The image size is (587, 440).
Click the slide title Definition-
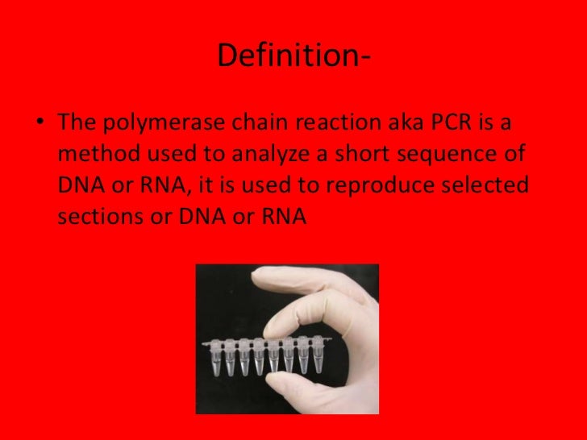coord(293,56)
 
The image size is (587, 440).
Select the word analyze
coord(268,156)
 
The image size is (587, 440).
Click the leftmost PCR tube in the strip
coord(214,355)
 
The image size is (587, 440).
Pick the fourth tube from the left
coord(259,355)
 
